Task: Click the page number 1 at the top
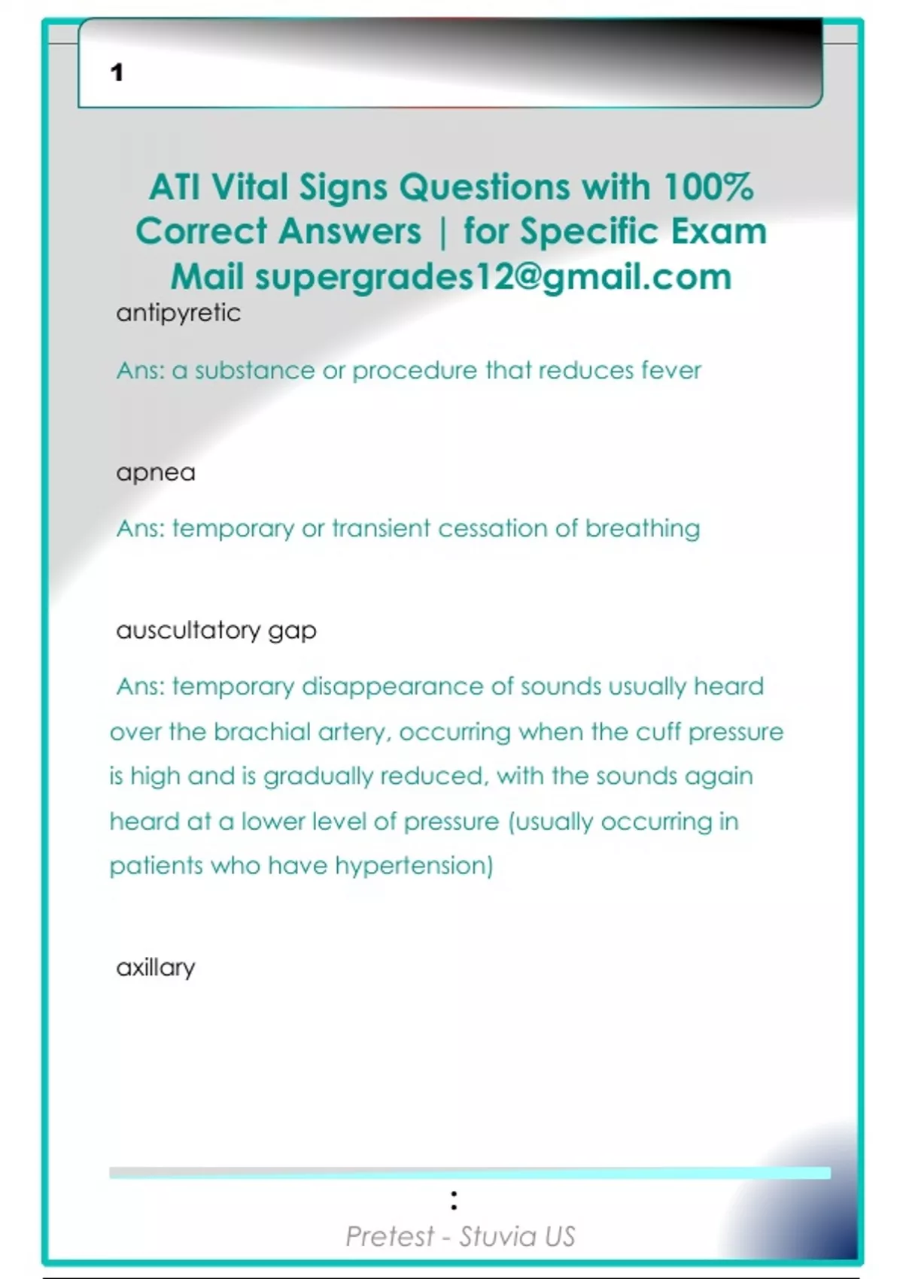pyautogui.click(x=117, y=72)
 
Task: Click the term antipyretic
pyautogui.click(x=178, y=313)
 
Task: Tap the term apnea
pyautogui.click(x=156, y=472)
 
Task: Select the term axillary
pyautogui.click(x=156, y=968)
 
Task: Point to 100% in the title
pyautogui.click(x=708, y=187)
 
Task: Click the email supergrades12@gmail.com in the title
pyautogui.click(x=493, y=277)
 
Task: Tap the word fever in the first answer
pyautogui.click(x=670, y=370)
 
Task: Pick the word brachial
pyautogui.click(x=262, y=731)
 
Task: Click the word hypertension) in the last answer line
pyautogui.click(x=414, y=866)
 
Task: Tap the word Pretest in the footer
pyautogui.click(x=390, y=1236)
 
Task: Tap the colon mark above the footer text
pyautogui.click(x=454, y=1200)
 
